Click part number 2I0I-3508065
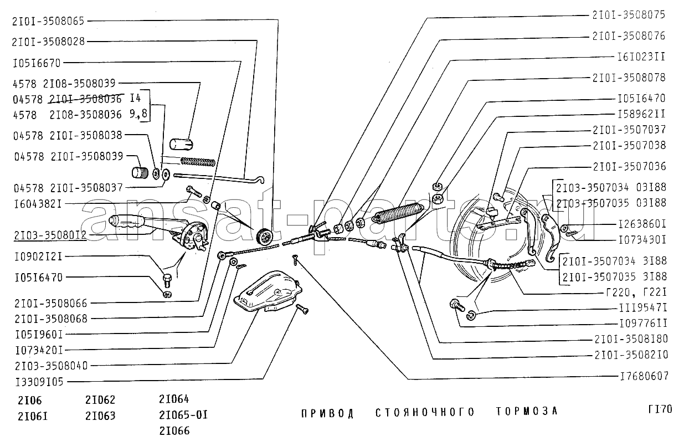(48, 21)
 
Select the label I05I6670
(37, 63)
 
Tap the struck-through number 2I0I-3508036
(85, 99)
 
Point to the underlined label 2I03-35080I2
(50, 235)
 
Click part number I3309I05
(39, 382)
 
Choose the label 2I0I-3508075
(629, 15)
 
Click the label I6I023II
(641, 57)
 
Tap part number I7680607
(644, 376)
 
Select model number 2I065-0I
(183, 415)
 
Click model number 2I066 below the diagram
(174, 430)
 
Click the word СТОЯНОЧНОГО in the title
(425, 412)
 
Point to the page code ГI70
(660, 409)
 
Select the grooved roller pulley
(264, 236)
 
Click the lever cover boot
(268, 291)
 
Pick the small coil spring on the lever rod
(198, 162)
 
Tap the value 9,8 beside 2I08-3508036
(138, 114)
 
